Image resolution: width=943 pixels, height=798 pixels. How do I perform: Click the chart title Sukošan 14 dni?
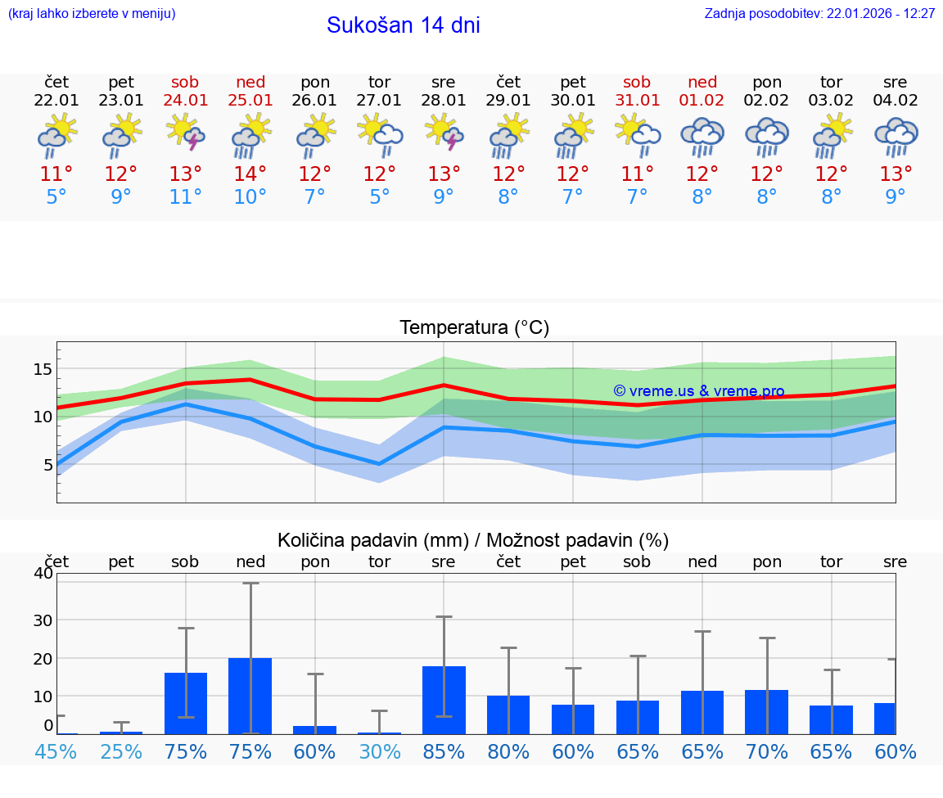[x=403, y=25]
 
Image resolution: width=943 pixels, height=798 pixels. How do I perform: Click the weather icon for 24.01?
[x=186, y=133]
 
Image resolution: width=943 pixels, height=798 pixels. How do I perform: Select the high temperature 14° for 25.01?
[x=250, y=174]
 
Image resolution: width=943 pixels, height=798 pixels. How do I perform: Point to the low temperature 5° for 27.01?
[x=379, y=196]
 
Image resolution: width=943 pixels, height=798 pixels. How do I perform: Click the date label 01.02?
[x=702, y=101]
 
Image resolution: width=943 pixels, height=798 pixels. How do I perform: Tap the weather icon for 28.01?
[x=444, y=133]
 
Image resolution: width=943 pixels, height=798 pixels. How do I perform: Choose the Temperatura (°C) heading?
[x=474, y=328]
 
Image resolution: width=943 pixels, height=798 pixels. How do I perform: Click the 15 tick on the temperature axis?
[x=43, y=369]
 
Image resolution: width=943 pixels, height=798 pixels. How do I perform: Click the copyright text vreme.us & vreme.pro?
[x=699, y=391]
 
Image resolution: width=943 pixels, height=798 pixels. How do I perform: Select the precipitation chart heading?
[x=473, y=540]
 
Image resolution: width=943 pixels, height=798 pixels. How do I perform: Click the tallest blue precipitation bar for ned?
[x=250, y=696]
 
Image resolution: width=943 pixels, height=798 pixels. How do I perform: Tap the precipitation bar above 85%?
[x=444, y=700]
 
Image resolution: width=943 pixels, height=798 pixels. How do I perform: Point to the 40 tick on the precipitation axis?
[x=43, y=573]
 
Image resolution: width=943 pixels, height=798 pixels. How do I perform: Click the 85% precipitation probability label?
[x=444, y=751]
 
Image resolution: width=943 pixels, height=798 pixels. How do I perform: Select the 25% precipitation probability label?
[x=121, y=751]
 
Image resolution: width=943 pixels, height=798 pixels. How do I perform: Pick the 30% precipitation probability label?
[x=379, y=751]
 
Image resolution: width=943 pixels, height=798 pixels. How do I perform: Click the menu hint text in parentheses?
[x=92, y=14]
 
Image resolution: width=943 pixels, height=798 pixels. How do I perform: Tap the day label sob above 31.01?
[x=637, y=82]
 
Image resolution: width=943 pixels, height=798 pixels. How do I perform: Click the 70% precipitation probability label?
[x=767, y=751]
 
